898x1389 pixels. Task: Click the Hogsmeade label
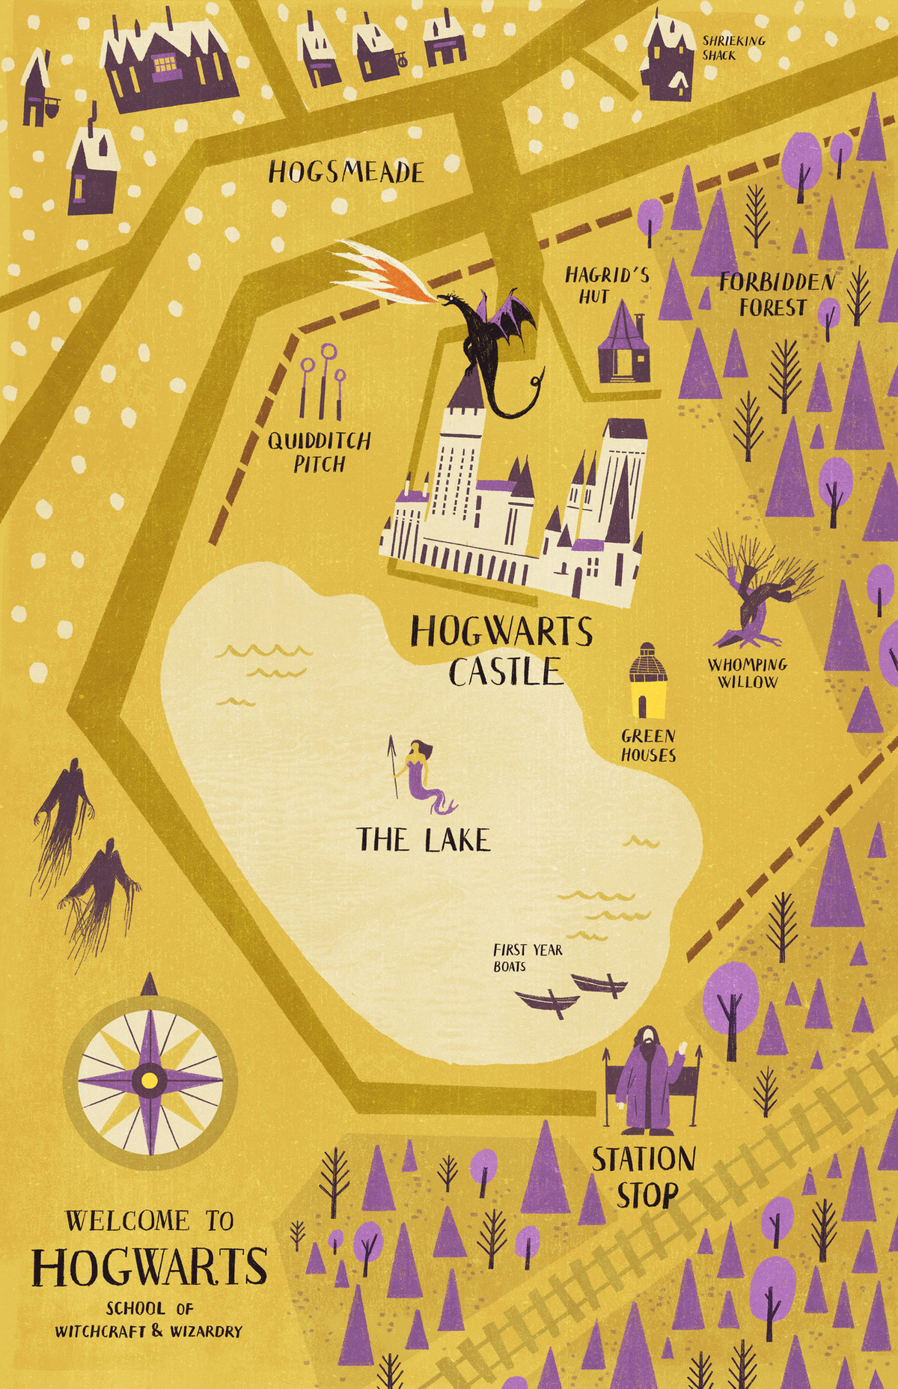[346, 173]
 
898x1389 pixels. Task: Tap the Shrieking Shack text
[733, 48]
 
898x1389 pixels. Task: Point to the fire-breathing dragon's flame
[382, 270]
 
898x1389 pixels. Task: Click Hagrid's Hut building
[623, 345]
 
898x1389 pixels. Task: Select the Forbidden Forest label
[776, 294]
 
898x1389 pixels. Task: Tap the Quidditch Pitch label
[320, 452]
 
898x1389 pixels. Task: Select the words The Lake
[424, 840]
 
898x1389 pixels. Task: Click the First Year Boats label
[527, 958]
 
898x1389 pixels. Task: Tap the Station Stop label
[644, 1176]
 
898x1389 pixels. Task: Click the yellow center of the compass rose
[150, 1080]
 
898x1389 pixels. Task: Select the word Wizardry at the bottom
[206, 1331]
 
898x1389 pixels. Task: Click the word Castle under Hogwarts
[505, 671]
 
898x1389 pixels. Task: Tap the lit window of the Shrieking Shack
[680, 80]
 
